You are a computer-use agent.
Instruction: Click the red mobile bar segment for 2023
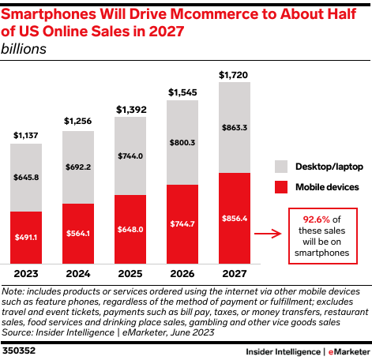point(26,238)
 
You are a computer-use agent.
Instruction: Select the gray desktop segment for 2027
point(235,127)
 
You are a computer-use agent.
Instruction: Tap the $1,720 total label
point(233,75)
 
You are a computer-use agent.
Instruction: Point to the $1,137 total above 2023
point(26,136)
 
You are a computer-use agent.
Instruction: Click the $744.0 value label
point(130,156)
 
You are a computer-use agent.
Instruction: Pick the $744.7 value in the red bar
point(182,224)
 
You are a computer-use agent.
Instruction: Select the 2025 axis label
point(130,274)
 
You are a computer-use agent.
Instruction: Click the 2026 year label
point(182,274)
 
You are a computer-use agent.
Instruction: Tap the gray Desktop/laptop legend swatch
point(281,167)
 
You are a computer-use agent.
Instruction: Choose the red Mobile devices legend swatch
point(281,187)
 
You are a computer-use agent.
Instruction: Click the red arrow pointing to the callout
point(268,234)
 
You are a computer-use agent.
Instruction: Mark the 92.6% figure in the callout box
point(316,219)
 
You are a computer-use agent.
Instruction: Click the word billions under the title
point(24,49)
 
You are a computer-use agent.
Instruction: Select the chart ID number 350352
point(19,351)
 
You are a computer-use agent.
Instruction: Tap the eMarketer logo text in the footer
point(349,352)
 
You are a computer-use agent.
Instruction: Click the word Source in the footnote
point(17,332)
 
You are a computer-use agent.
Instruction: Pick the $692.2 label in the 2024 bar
point(78,167)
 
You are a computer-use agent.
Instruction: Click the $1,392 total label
point(131,110)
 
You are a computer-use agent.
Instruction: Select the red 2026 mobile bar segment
point(182,224)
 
